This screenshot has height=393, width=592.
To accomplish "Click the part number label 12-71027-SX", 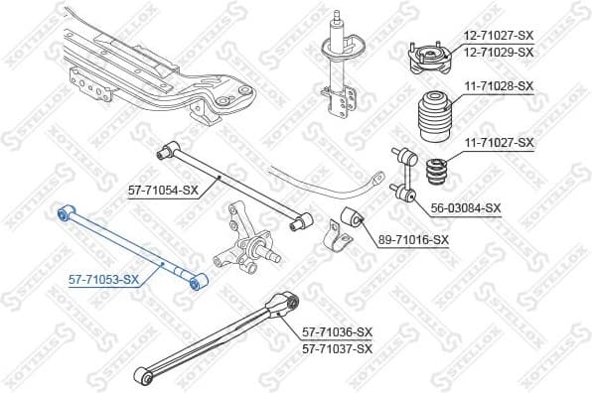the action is [498, 36].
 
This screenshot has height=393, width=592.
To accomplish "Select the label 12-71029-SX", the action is [498, 52].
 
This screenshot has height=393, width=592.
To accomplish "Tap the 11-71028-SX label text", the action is [498, 87].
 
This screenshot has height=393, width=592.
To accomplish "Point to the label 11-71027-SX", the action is [498, 143].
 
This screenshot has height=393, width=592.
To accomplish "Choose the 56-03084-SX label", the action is [465, 207].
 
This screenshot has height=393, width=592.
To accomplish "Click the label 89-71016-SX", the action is [413, 240].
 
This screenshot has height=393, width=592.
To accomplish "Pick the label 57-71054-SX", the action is [164, 190].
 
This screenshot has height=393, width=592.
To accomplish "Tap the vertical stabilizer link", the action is [404, 177].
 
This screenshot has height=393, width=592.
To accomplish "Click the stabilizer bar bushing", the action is [353, 220].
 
